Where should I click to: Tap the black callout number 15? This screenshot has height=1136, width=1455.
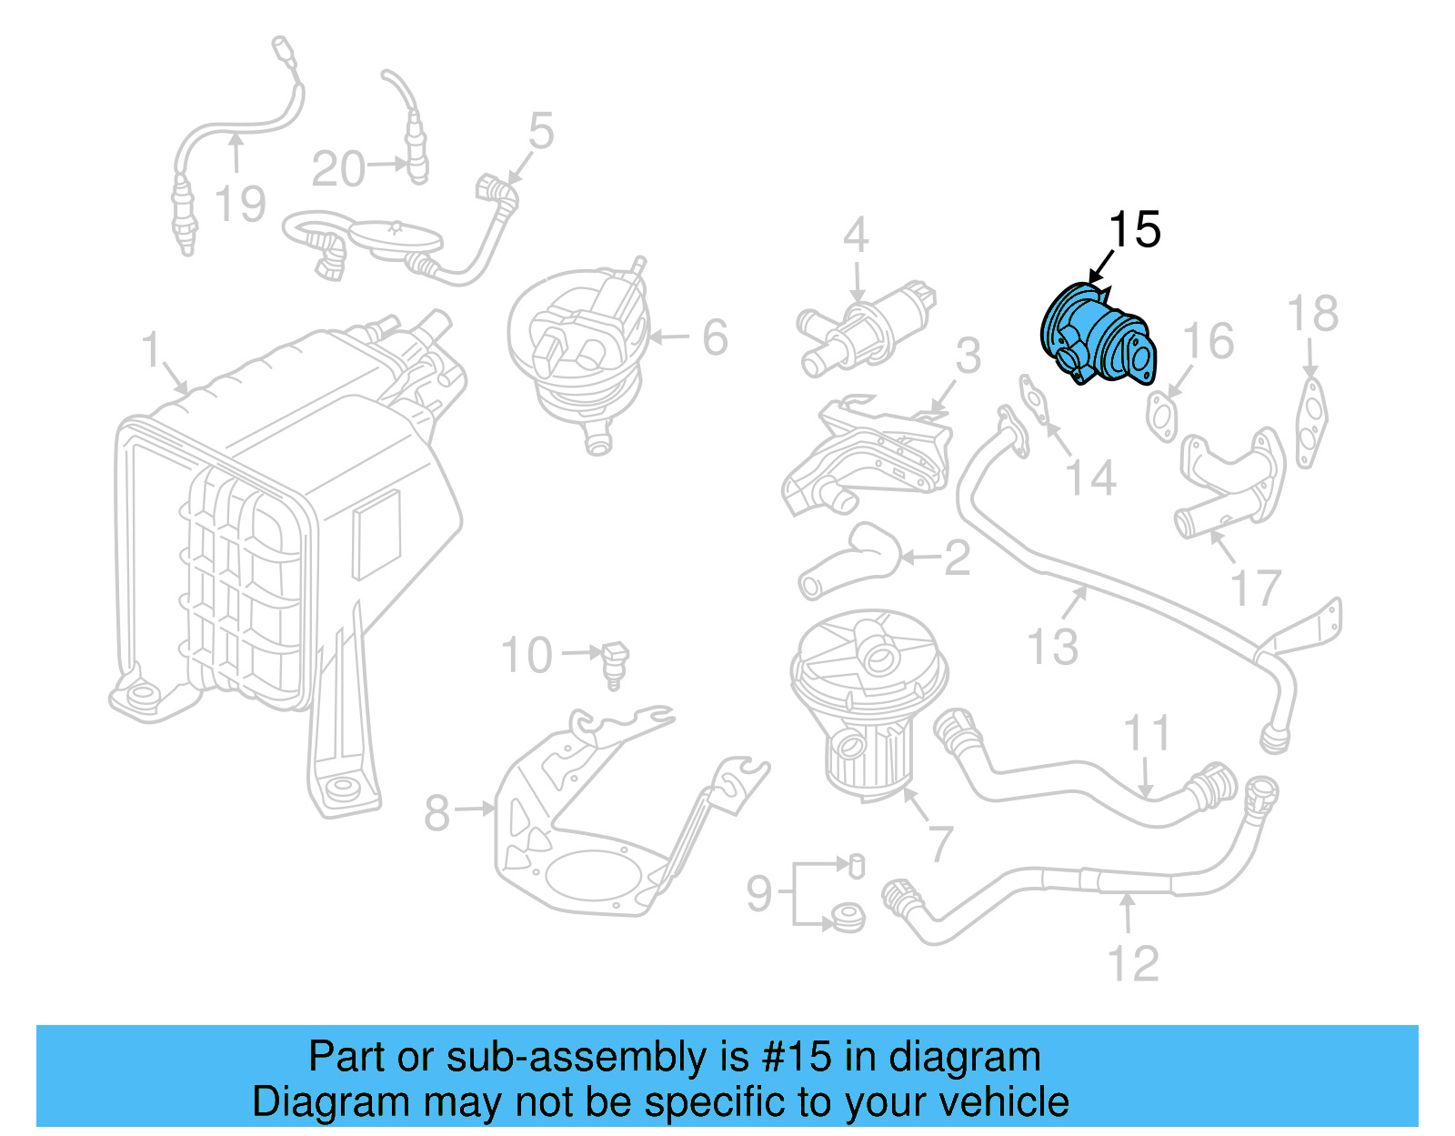pyautogui.click(x=1134, y=229)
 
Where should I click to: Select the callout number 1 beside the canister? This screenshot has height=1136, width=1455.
pyautogui.click(x=151, y=350)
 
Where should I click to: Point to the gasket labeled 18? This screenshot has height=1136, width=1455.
pyautogui.click(x=1310, y=424)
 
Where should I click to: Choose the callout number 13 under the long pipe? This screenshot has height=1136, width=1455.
pyautogui.click(x=1053, y=647)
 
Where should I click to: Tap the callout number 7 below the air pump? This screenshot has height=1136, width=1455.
pyautogui.click(x=940, y=843)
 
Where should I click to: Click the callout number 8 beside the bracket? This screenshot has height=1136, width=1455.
pyautogui.click(x=437, y=812)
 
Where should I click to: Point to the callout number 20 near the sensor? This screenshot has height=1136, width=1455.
pyautogui.click(x=338, y=169)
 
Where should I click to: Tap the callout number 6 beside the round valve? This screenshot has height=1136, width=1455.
pyautogui.click(x=715, y=337)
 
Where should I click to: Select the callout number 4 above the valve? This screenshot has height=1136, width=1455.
pyautogui.click(x=856, y=235)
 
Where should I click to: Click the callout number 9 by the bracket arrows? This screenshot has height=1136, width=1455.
pyautogui.click(x=759, y=893)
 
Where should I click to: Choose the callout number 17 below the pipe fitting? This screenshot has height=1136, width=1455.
pyautogui.click(x=1256, y=588)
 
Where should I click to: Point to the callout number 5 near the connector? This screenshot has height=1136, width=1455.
pyautogui.click(x=541, y=132)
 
